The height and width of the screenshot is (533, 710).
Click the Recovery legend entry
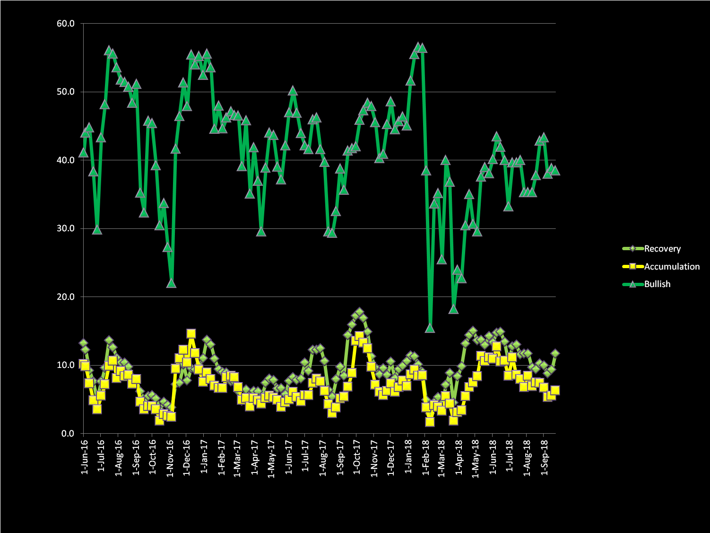(x=662, y=249)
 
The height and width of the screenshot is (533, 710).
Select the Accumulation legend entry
(x=671, y=267)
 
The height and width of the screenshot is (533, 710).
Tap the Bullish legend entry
(x=657, y=284)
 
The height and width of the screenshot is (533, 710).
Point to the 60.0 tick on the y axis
(x=65, y=24)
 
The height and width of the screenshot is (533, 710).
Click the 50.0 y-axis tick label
(x=65, y=92)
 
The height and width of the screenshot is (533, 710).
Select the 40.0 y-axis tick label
(x=65, y=160)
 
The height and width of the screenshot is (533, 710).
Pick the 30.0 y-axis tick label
(x=65, y=228)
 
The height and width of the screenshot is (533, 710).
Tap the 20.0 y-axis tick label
(x=65, y=297)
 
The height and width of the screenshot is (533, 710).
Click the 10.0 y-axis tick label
(x=65, y=365)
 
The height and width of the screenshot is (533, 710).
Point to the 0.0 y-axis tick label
(x=68, y=434)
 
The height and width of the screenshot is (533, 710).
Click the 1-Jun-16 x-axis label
(x=85, y=457)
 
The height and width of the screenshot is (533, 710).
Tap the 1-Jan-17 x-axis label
(x=204, y=457)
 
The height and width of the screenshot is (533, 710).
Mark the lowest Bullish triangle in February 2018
(x=430, y=328)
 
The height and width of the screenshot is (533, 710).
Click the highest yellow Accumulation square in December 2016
(x=191, y=334)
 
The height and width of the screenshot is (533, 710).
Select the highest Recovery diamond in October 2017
(x=359, y=313)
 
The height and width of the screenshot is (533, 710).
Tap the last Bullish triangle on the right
(x=555, y=170)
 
